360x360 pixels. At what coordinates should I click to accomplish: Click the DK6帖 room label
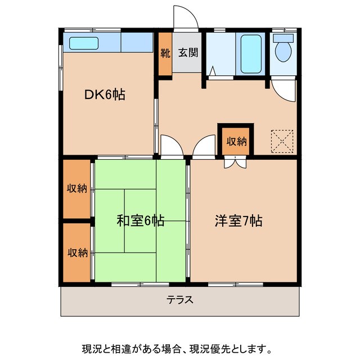pyautogui.click(x=104, y=95)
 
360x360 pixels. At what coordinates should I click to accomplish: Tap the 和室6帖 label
pyautogui.click(x=140, y=221)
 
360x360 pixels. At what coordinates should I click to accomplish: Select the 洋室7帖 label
pyautogui.click(x=238, y=221)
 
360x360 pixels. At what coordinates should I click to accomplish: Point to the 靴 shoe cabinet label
pyautogui.click(x=165, y=54)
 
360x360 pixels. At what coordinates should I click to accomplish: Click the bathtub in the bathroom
pyautogui.click(x=250, y=52)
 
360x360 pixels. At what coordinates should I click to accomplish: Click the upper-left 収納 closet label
pyautogui.click(x=77, y=188)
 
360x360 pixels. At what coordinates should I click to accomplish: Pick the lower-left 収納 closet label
pyautogui.click(x=77, y=252)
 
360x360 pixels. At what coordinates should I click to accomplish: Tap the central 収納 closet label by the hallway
pyautogui.click(x=236, y=141)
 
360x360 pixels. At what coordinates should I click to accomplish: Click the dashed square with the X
pyautogui.click(x=282, y=141)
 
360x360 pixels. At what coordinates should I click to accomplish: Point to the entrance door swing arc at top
pyautogui.click(x=187, y=17)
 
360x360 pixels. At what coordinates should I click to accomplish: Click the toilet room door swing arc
pyautogui.click(x=282, y=90)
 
